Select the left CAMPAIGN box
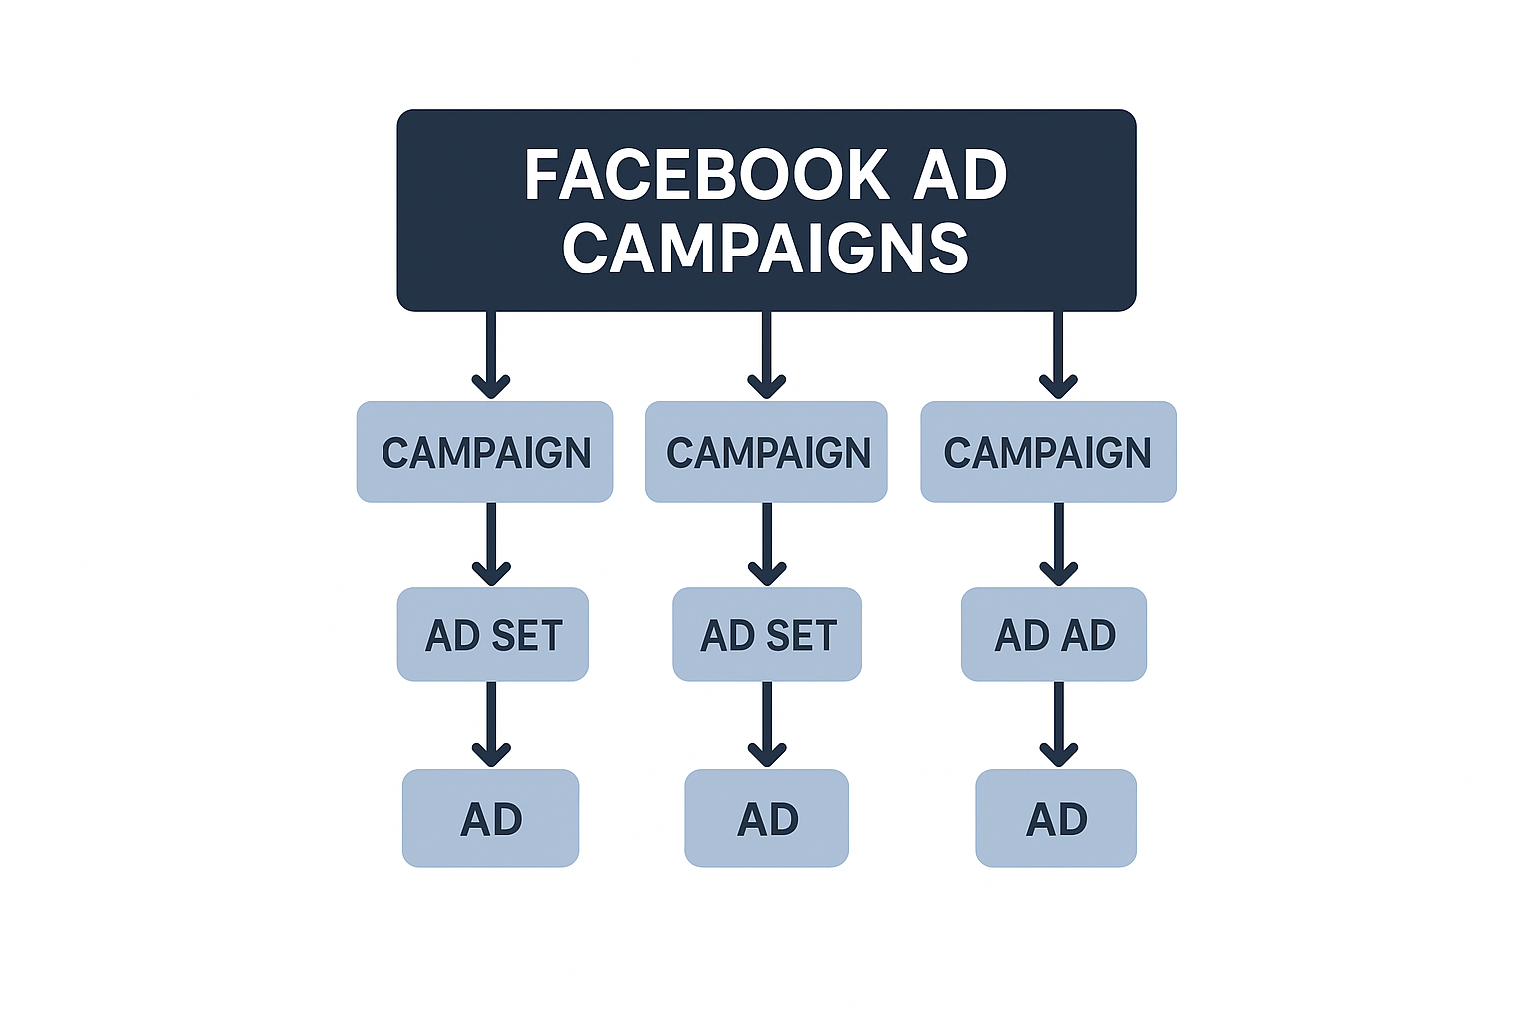pos(484,452)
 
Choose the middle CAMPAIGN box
pos(766,452)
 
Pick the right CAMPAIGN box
pos(1049,452)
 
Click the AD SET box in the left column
pos(493,634)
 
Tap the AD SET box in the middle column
pos(767,634)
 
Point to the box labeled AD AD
pos(1054,634)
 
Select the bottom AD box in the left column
pos(491,818)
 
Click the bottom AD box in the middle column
pos(766,818)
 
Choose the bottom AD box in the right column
pos(1056,818)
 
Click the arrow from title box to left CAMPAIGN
pos(491,355)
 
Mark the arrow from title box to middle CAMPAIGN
pos(766,355)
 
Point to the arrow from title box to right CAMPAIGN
pos(1058,355)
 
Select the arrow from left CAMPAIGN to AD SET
pos(491,544)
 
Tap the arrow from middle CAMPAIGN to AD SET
pos(767,544)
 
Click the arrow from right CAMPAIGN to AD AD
pos(1058,544)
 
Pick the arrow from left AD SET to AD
pos(491,725)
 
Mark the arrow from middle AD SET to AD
pos(767,725)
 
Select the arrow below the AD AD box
pos(1058,725)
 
